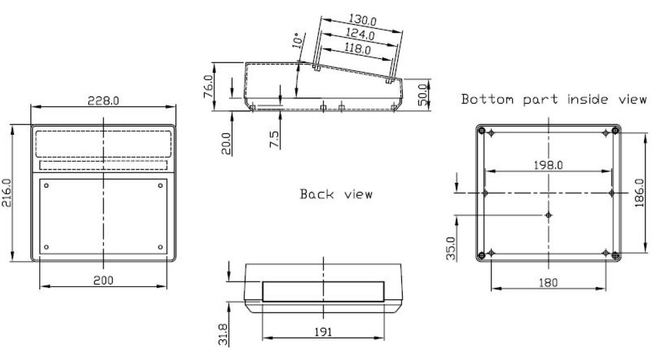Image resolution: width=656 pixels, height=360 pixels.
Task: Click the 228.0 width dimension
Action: pos(103,101)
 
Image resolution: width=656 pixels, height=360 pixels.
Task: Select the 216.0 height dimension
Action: pos(7,193)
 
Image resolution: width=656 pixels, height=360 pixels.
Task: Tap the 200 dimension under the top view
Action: pos(103,280)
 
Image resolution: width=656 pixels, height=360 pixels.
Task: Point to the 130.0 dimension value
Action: pos(362,20)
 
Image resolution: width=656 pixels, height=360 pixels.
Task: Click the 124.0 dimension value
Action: pos(360,34)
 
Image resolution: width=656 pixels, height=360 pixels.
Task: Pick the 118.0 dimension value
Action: pos(357,49)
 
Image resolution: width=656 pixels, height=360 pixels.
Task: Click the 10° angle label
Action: pos(297,40)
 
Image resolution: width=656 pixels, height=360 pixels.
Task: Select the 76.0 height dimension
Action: pos(208,86)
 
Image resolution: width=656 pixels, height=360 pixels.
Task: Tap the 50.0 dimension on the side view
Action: pos(423,95)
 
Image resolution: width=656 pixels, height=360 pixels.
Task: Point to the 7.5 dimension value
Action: pos(274,139)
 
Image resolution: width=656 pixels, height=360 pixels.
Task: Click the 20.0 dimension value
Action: pos(226,143)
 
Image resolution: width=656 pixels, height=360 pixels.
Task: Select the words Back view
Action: pos(336,195)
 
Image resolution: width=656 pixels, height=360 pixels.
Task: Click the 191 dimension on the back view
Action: pos(323,332)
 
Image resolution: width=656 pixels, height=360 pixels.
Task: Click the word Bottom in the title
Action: pos(487,100)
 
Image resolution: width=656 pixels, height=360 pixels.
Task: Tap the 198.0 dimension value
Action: pos(548,165)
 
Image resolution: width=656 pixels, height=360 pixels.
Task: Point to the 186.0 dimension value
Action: pos(639,193)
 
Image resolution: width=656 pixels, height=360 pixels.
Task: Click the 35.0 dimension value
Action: pos(451,249)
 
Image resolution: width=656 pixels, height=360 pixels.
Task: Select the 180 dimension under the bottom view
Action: pos(548,283)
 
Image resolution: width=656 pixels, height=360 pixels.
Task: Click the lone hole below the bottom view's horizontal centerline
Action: pos(548,216)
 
